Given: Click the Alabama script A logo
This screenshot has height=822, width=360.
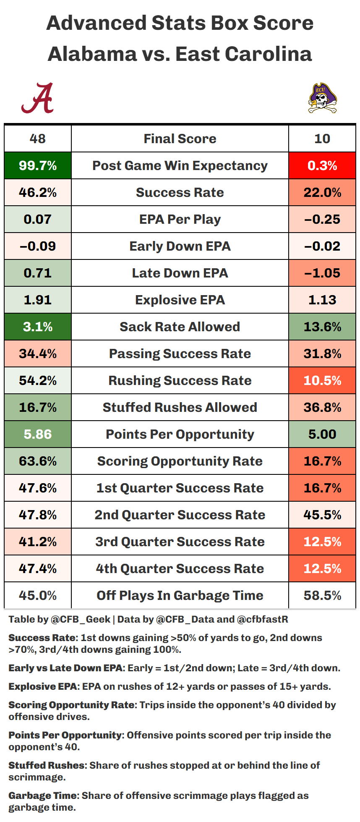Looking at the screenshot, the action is coord(38,98).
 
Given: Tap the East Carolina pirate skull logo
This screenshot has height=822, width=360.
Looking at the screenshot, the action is coord(322,98).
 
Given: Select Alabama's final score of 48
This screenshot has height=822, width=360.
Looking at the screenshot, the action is coord(38,139).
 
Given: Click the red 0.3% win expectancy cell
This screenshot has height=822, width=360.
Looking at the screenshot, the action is coord(322,165).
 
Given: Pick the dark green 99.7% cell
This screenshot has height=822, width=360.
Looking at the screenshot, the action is coord(38,165).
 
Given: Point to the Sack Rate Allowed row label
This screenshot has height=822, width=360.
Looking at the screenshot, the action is coord(180,327).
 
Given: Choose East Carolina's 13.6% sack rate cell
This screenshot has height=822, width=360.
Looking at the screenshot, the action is coord(322,327).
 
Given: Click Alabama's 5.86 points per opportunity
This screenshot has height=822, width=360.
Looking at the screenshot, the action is coord(38,434).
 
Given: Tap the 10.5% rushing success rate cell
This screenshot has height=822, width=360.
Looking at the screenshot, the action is coord(322,380).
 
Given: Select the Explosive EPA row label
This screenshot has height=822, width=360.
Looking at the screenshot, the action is coord(180,300).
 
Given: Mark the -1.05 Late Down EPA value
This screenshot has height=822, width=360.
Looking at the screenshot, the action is coord(322,273).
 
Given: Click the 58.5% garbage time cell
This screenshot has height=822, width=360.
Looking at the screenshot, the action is coord(322,595).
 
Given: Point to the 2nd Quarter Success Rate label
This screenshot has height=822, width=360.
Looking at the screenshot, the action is coord(180,515).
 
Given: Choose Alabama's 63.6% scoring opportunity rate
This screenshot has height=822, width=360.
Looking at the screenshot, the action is coord(38,461).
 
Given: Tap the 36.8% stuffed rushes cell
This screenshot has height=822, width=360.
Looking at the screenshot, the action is coord(322,407).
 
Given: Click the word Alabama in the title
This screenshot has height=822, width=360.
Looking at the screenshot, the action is coord(92,54).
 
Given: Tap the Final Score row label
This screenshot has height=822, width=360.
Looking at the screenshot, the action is coord(180,139).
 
